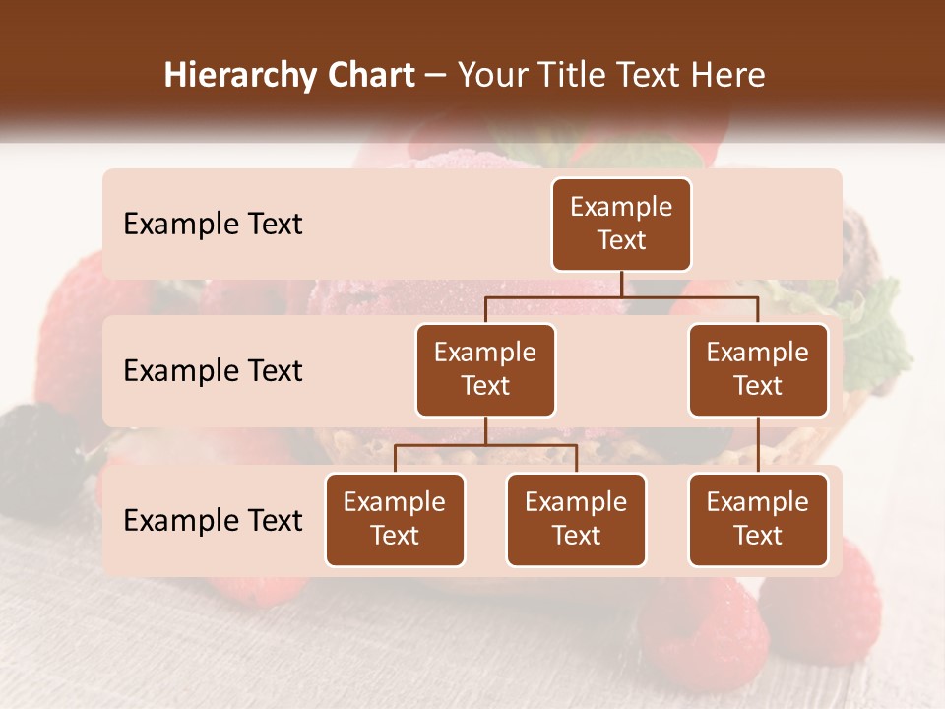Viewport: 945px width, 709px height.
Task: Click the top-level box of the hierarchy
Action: [x=621, y=224]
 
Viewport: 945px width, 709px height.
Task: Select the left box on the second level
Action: [x=485, y=369]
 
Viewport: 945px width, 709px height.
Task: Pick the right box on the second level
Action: [x=758, y=369]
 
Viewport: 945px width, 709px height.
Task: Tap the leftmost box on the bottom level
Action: [x=395, y=519]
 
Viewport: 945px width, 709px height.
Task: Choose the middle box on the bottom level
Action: [x=576, y=519]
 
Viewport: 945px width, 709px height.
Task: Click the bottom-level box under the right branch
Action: [x=758, y=519]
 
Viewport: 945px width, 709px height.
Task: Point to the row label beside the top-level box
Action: [x=213, y=225]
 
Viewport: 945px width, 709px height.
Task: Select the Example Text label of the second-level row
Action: [x=213, y=371]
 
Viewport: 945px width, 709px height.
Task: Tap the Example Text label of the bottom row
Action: [x=213, y=521]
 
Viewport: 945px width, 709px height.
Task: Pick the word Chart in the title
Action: [x=370, y=75]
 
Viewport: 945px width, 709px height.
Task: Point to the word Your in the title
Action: [x=489, y=75]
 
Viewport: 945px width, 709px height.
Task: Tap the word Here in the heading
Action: [x=726, y=75]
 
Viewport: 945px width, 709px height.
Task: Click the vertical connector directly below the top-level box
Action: [x=621, y=284]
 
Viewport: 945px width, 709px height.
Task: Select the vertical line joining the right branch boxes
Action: [x=758, y=444]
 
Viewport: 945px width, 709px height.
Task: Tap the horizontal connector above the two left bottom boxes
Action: [x=485, y=445]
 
